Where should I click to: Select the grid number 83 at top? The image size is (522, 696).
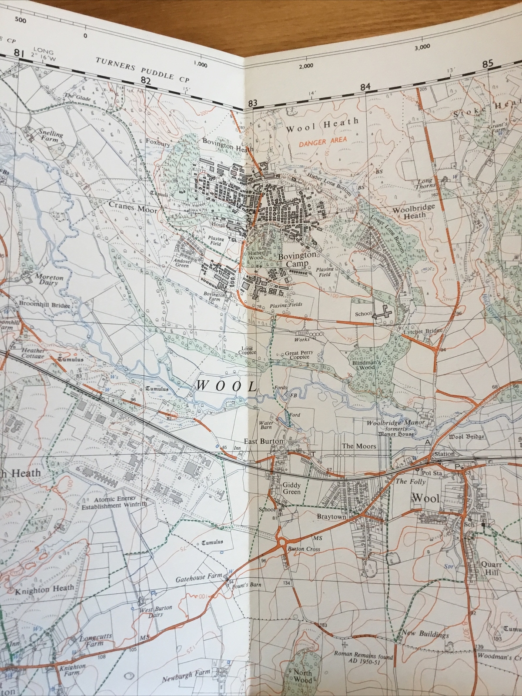(x=251, y=103)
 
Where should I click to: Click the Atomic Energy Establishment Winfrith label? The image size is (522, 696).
(x=114, y=502)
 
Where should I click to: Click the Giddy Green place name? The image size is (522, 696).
(x=291, y=488)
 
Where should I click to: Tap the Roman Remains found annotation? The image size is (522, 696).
(x=363, y=660)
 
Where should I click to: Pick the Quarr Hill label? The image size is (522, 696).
(x=492, y=569)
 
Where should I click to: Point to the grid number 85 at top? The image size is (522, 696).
(x=488, y=63)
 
